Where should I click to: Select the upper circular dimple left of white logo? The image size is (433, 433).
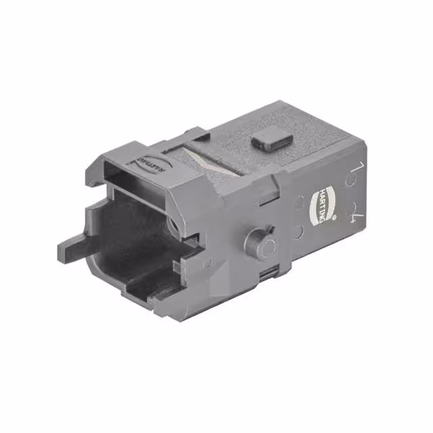300,201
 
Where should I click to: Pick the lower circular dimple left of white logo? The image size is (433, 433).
298,233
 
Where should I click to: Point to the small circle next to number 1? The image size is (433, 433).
350,181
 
